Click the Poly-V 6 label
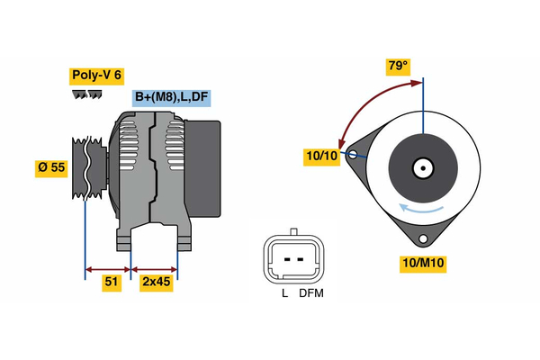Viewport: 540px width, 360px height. [94, 76]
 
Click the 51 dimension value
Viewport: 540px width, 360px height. [112, 283]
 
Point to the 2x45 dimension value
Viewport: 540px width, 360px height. [157, 283]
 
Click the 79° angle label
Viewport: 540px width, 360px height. [398, 67]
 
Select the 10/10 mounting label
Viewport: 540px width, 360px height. [320, 157]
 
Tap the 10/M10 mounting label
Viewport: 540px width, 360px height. [423, 264]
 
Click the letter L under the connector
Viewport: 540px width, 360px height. [283, 292]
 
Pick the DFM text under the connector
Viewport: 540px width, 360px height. [311, 292]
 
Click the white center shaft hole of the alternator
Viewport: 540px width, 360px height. [422, 166]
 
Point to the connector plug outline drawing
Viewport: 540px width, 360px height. [292, 259]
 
